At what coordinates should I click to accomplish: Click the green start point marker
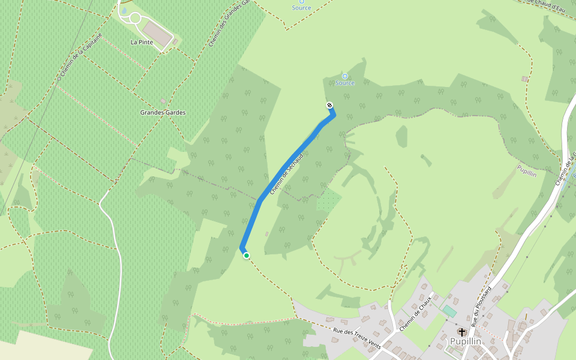(x=246, y=256)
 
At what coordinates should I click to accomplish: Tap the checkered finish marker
(x=329, y=106)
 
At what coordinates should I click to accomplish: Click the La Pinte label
(x=142, y=42)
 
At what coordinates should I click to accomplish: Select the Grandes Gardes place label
(x=163, y=112)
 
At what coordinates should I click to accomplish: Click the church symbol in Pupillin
(x=461, y=332)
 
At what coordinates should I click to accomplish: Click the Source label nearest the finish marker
(x=345, y=83)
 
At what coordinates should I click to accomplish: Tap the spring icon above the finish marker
(x=345, y=76)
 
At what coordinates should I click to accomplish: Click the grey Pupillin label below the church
(x=466, y=341)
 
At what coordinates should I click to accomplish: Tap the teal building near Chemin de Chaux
(x=449, y=311)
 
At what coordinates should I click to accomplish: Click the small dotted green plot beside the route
(x=328, y=200)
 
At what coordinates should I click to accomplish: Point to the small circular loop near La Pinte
(x=135, y=19)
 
